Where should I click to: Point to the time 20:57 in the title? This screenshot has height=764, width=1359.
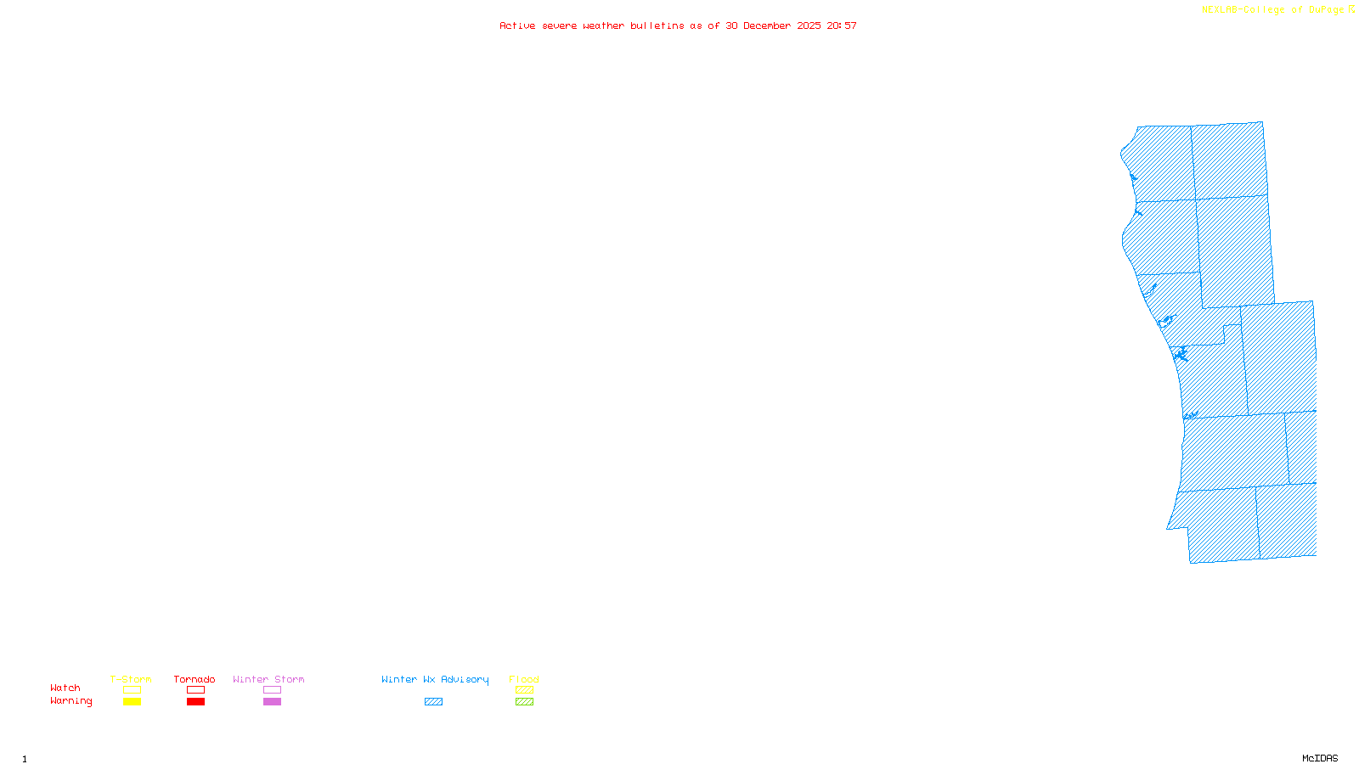tap(842, 26)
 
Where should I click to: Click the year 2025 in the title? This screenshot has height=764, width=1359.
tap(809, 26)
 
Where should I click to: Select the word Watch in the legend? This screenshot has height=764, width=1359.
tap(65, 688)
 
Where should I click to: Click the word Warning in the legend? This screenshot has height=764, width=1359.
tap(70, 701)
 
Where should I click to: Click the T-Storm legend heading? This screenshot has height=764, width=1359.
tap(131, 679)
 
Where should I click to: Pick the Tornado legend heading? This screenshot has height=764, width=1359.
tap(195, 679)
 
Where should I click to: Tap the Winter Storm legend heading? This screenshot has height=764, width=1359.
tap(268, 679)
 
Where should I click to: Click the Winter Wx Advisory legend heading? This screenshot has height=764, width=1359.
tap(435, 679)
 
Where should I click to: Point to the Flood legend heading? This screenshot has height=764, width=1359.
tap(524, 679)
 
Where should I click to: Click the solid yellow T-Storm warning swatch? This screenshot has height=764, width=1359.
tap(132, 702)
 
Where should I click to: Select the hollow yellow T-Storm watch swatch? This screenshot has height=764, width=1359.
tap(132, 690)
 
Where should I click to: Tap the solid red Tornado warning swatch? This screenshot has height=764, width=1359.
tap(195, 702)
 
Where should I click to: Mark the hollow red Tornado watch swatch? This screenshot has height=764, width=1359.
tap(195, 690)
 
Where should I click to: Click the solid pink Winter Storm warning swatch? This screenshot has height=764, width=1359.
tap(272, 702)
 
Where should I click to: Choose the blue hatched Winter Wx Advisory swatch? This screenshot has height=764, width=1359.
tap(433, 702)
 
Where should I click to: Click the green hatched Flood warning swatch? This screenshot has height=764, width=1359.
tap(524, 702)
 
